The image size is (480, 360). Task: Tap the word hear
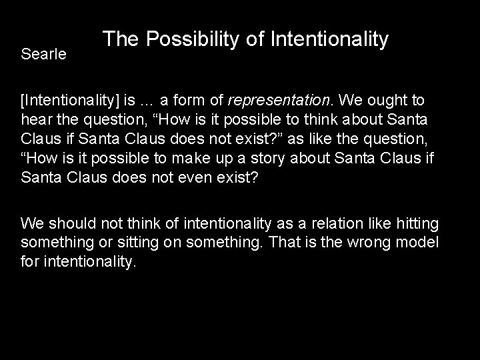[35, 119]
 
